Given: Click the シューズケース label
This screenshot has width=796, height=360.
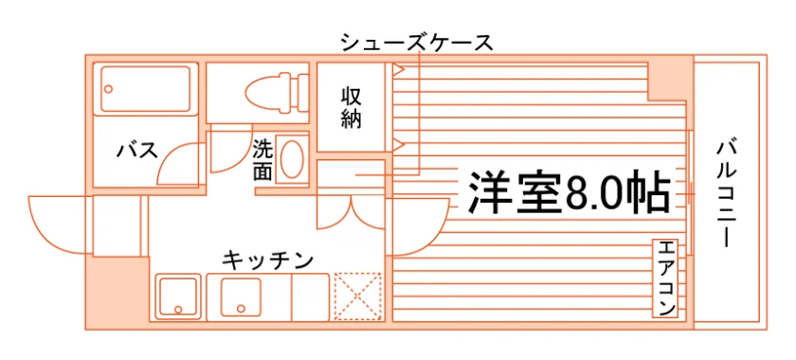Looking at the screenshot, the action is coord(417,43).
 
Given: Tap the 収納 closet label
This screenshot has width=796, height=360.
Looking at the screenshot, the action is coord(351,107).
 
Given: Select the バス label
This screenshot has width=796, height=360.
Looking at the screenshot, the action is coord(137,151).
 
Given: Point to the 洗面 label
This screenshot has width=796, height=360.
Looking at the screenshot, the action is coord(263,160).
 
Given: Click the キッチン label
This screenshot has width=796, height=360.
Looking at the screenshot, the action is coord(267,261).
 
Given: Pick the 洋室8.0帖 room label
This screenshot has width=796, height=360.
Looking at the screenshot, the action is coord(570,193).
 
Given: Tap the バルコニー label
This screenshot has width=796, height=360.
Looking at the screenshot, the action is coord(726,195).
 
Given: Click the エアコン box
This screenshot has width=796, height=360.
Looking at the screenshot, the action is coord(665,279).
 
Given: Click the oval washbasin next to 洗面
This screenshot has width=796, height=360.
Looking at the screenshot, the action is coord(292,159).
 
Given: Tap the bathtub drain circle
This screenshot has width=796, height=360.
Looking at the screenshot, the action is coord(108,89).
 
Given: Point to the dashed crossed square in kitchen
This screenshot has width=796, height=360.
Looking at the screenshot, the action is coord(357,297).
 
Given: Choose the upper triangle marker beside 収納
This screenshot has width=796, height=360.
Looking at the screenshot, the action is coord(398,69).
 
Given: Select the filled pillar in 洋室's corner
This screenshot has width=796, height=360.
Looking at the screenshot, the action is coord(670,79).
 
